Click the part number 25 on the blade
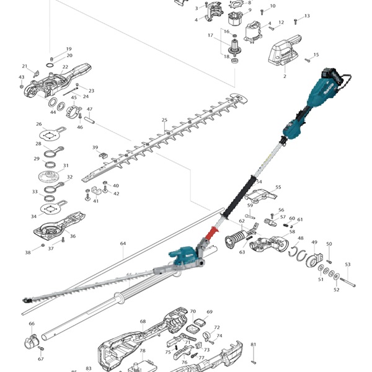pyautogui.click(x=164, y=120)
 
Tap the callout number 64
pyautogui.click(x=123, y=244)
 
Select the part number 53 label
pyautogui.click(x=348, y=265)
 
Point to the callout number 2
pyautogui.click(x=285, y=76)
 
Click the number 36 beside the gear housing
pyautogui.click(x=73, y=236)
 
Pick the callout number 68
pyautogui.click(x=143, y=321)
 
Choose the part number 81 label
pyautogui.click(x=253, y=345)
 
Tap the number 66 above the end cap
pyautogui.click(x=32, y=324)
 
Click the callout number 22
pyautogui.click(x=65, y=67)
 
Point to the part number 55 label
pyautogui.click(x=278, y=187)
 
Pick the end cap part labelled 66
pyautogui.click(x=32, y=340)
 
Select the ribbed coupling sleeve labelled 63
pyautogui.click(x=237, y=239)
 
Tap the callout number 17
pyautogui.click(x=210, y=35)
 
